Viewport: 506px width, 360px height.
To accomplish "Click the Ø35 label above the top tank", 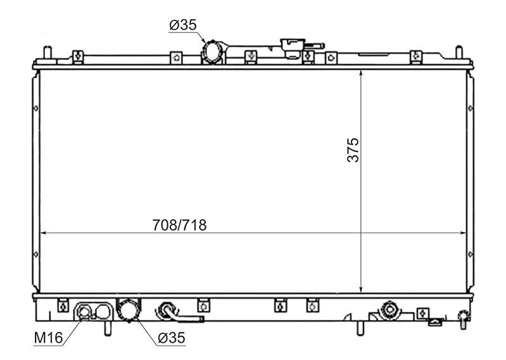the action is pos(182,25).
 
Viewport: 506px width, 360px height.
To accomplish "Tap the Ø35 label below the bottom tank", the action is pos(172,338).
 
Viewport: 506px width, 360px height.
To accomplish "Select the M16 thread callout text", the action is pos(48,338).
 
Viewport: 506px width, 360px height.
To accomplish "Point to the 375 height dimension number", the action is pos(353,150).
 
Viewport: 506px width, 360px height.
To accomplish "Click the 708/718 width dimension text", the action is pos(179,225).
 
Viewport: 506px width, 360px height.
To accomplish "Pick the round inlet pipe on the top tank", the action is pos(213,52).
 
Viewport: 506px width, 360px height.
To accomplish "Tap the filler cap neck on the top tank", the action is pos(293,48).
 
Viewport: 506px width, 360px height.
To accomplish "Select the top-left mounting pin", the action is pos(47,53).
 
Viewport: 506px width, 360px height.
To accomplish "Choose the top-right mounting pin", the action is pos(459,53).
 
